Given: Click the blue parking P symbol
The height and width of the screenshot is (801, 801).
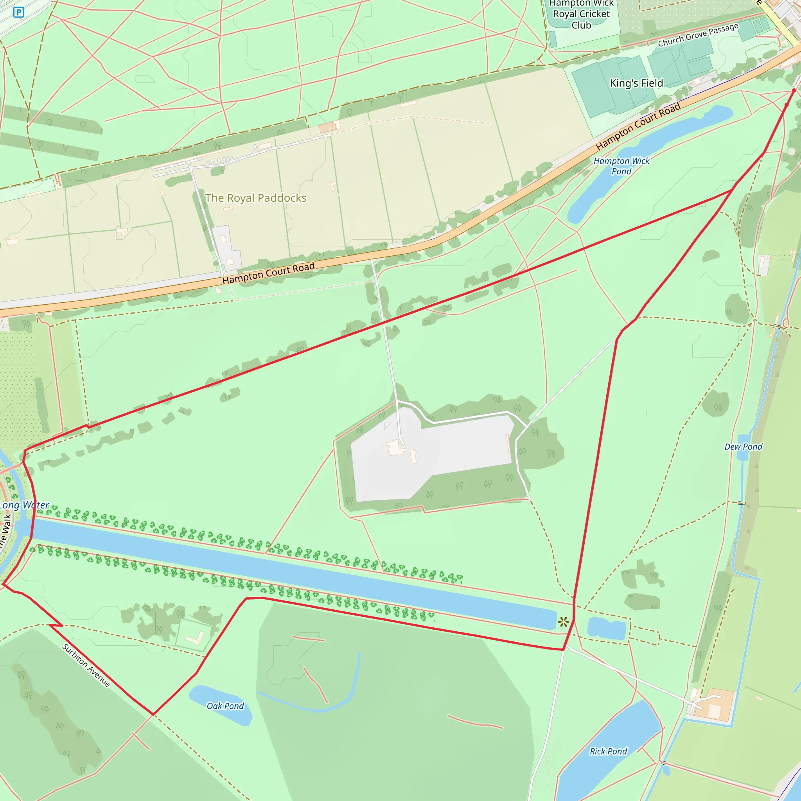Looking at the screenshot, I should click(x=19, y=13).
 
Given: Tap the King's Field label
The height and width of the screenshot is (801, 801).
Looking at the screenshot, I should click(x=636, y=83).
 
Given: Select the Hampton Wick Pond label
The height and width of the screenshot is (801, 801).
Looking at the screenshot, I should click(x=621, y=166).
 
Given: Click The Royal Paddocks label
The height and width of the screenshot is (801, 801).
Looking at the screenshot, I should click(x=256, y=198).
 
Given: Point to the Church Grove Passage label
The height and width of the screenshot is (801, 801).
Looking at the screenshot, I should click(x=698, y=35).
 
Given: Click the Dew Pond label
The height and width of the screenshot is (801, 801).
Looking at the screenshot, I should click(x=744, y=447).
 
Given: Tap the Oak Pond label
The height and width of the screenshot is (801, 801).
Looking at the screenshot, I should click(x=225, y=706).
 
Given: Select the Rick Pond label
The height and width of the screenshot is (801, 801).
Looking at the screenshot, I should click(x=608, y=751).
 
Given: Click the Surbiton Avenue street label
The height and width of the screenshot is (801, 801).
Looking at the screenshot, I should click(x=86, y=665).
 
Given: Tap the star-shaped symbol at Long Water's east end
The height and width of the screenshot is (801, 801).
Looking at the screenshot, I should click(x=563, y=621).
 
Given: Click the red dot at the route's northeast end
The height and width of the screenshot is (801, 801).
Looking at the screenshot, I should click(x=794, y=90).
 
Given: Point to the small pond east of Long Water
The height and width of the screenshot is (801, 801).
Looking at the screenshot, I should click(x=607, y=629).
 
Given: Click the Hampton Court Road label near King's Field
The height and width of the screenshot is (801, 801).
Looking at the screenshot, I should click(x=638, y=126).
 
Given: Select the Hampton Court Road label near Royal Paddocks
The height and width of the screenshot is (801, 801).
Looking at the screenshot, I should click(x=268, y=273).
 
